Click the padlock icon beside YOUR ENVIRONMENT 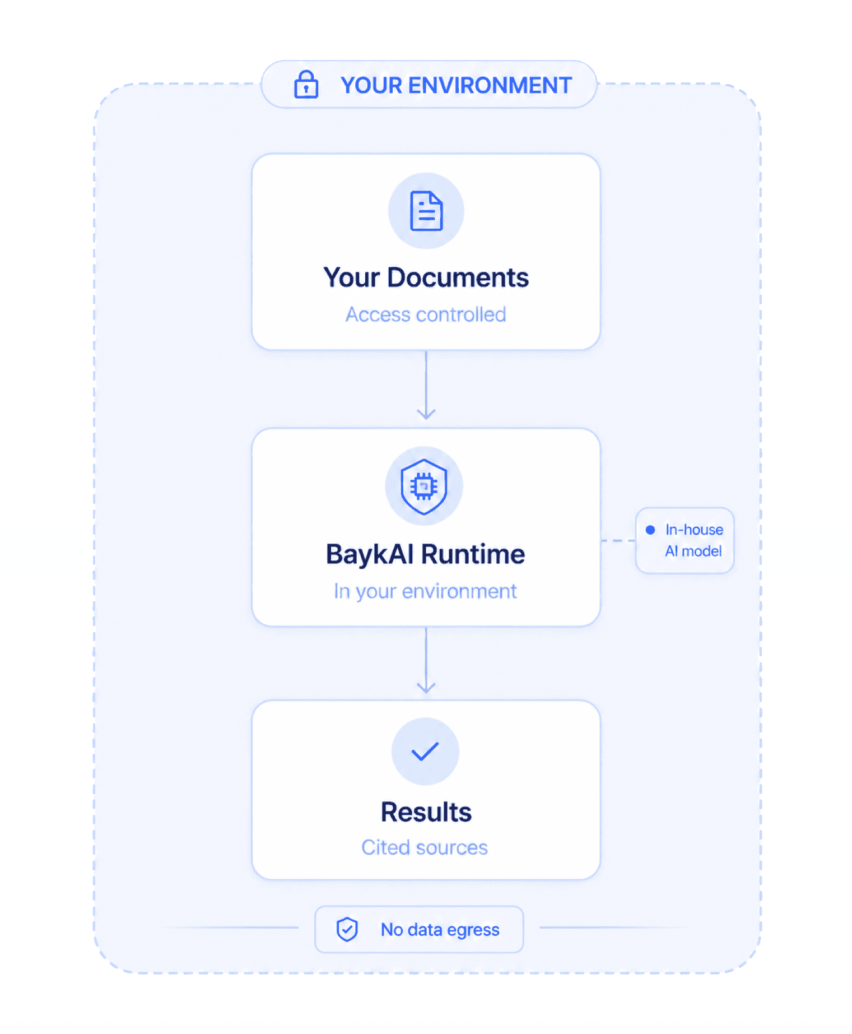tap(306, 85)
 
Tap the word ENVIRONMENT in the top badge tap(490, 86)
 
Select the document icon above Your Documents tap(426, 211)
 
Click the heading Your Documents tap(426, 277)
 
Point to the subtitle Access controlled tap(426, 314)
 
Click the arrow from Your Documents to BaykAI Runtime tap(426, 386)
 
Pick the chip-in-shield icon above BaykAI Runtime tap(424, 486)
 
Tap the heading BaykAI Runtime tap(425, 554)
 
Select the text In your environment tap(425, 591)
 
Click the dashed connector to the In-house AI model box tap(618, 541)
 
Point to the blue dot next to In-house tap(650, 530)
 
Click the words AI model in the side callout tap(693, 551)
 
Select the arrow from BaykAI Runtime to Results tap(426, 660)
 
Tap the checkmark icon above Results tap(425, 751)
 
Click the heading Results tap(426, 812)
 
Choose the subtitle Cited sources tap(425, 847)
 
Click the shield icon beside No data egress tap(347, 929)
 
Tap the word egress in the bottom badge tap(473, 930)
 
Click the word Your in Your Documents tap(351, 277)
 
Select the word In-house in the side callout tap(694, 530)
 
